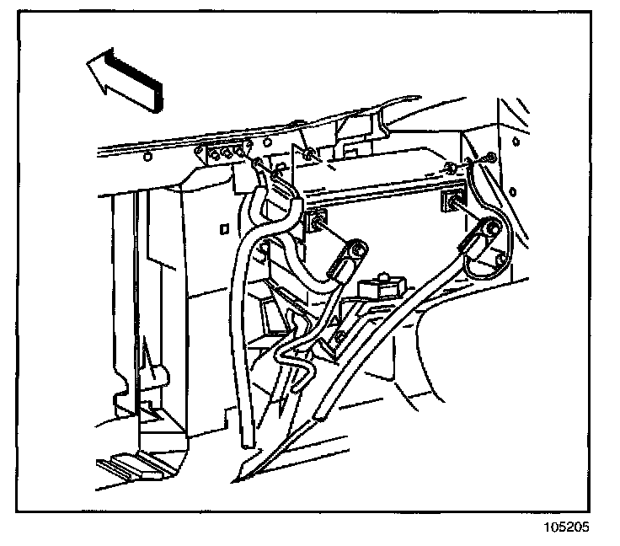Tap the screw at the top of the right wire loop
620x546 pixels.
490,158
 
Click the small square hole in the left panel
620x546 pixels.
223,228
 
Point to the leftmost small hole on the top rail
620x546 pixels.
147,157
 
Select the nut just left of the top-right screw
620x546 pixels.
453,163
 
